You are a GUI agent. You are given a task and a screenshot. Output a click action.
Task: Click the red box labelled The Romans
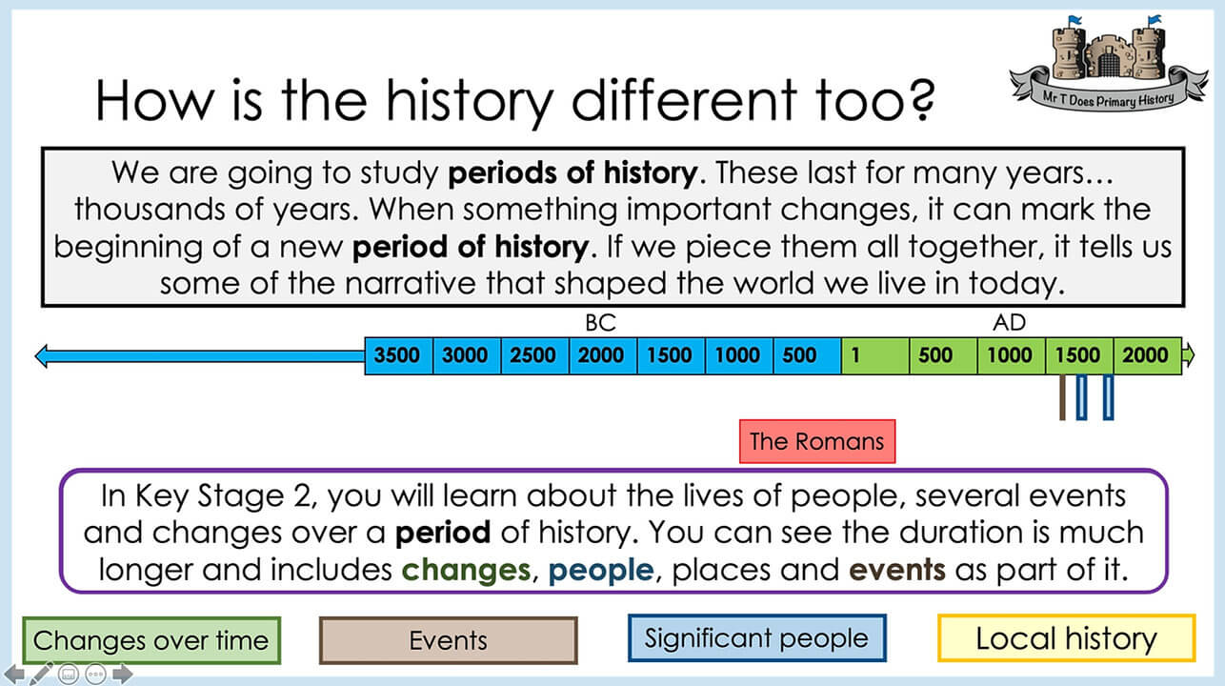tap(817, 441)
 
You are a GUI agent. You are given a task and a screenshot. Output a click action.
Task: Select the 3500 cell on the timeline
tap(399, 355)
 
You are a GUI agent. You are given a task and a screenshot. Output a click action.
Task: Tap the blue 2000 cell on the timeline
tap(603, 355)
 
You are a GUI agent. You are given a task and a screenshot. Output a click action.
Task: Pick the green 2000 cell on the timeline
tap(1147, 355)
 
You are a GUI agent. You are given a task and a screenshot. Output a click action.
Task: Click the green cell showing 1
tap(875, 355)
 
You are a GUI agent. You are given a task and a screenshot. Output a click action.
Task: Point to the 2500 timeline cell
tap(534, 355)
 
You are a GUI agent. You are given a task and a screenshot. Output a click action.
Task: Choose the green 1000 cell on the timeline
tap(1012, 355)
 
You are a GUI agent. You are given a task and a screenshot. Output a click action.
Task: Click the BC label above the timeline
tap(600, 323)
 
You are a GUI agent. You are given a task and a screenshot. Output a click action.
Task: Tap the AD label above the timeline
tap(1009, 323)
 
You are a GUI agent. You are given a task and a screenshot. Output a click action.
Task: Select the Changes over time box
tap(151, 640)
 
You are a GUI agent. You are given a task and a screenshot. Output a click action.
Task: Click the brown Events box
tap(449, 640)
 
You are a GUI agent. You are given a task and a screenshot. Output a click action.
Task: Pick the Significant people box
tap(757, 637)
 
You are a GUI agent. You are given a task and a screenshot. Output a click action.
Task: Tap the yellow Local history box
tap(1067, 637)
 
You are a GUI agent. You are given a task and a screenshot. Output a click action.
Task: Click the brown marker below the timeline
tap(1062, 397)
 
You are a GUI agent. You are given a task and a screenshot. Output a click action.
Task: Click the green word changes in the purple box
tap(466, 570)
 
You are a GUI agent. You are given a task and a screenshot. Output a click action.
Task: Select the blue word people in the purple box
tap(601, 571)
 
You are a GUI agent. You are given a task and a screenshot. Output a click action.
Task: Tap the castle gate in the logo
tap(1109, 63)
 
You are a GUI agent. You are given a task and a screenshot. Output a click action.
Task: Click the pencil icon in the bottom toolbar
tap(41, 674)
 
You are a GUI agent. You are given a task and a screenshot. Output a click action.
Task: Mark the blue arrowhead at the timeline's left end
tap(42, 356)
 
